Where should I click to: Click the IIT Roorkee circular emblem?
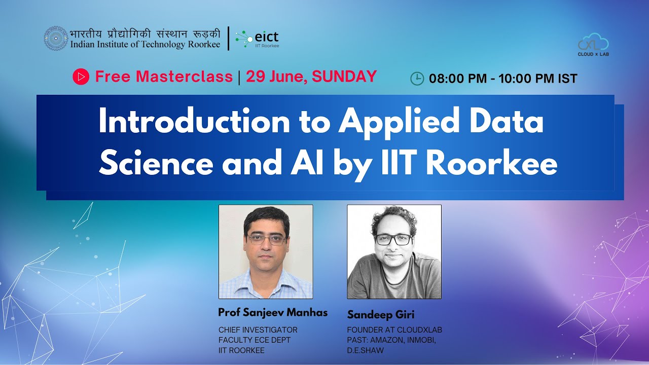click(x=56, y=39)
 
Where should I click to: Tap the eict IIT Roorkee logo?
click(x=257, y=39)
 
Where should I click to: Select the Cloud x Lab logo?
click(x=593, y=45)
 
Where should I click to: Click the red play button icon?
click(x=81, y=77)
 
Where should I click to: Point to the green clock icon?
click(x=417, y=78)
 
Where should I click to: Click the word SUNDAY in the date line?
click(x=344, y=77)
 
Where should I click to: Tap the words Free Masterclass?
click(x=164, y=77)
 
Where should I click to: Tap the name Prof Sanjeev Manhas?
click(x=273, y=312)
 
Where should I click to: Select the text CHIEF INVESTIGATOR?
click(x=258, y=330)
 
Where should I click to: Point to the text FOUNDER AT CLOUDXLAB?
click(x=394, y=330)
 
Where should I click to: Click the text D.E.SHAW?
click(x=365, y=350)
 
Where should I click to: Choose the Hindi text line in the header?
click(x=146, y=33)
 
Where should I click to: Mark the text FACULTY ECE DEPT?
click(x=255, y=340)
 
